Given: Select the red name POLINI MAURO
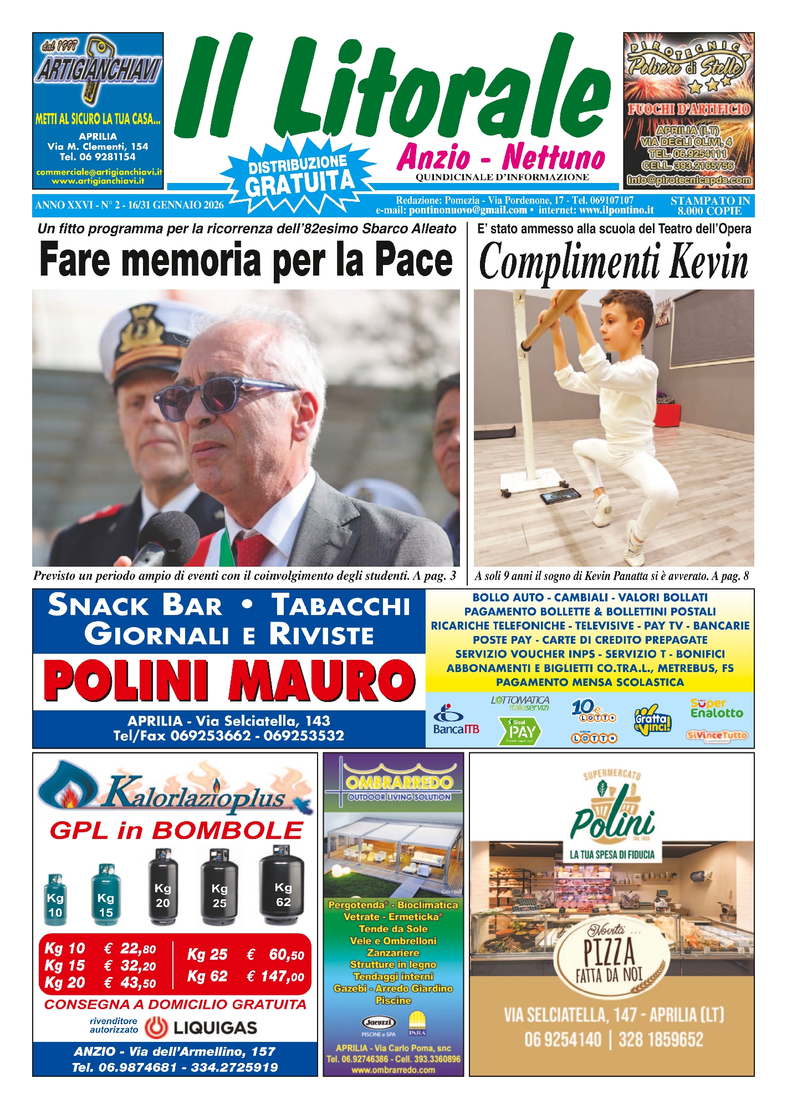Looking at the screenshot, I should click(229, 680).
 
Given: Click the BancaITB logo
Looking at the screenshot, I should click(456, 720).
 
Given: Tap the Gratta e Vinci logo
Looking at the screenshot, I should click(652, 721).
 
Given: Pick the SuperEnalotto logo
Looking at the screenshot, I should click(716, 709).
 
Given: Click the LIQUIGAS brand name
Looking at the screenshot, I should click(215, 1027).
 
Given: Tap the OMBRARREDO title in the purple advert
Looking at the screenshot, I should click(399, 782).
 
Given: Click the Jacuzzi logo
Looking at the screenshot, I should click(378, 1022).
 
